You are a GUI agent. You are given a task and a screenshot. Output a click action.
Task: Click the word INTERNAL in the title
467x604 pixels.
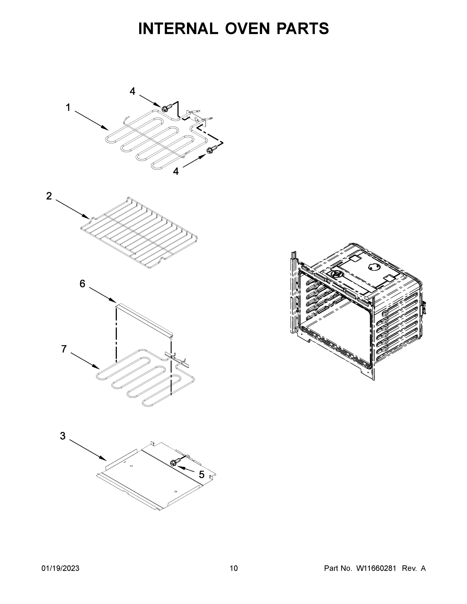pos(178,28)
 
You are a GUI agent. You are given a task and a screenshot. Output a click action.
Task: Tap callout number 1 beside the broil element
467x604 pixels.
pos(68,107)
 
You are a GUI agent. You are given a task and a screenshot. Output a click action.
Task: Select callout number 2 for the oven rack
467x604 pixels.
pos(49,196)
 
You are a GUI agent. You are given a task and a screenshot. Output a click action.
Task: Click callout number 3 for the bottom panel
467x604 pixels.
pos(63,436)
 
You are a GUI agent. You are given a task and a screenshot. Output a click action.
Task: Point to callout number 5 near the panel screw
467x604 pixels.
pos(201,475)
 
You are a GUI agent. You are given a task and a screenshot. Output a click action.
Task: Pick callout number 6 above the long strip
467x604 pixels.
pos(82,284)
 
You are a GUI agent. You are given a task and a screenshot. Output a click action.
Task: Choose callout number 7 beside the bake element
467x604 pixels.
pos(64,349)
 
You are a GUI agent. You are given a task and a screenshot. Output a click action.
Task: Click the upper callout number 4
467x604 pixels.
pos(132,91)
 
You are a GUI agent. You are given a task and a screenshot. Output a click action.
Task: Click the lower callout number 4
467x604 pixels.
pos(176,171)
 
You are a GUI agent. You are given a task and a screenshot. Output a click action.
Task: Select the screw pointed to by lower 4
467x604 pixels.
pos(211,150)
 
